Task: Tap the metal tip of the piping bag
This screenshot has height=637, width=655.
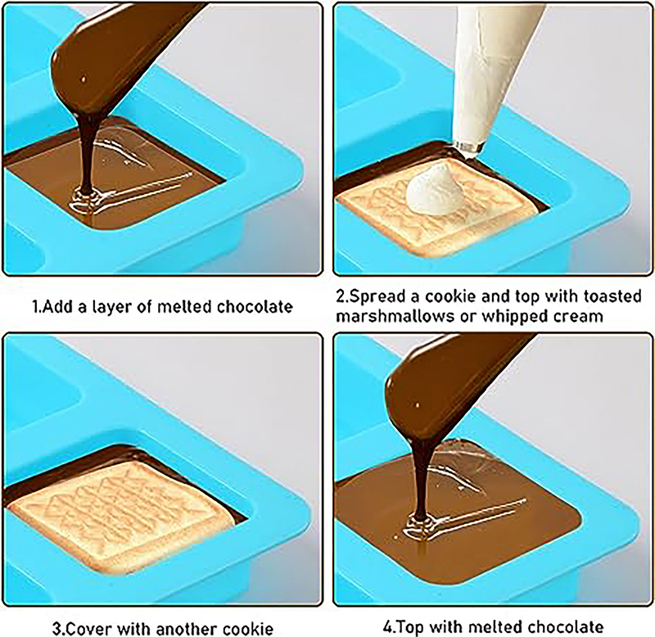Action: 469,147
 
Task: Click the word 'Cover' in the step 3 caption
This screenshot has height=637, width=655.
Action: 90,629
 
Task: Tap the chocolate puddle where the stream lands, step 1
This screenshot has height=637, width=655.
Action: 86,201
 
